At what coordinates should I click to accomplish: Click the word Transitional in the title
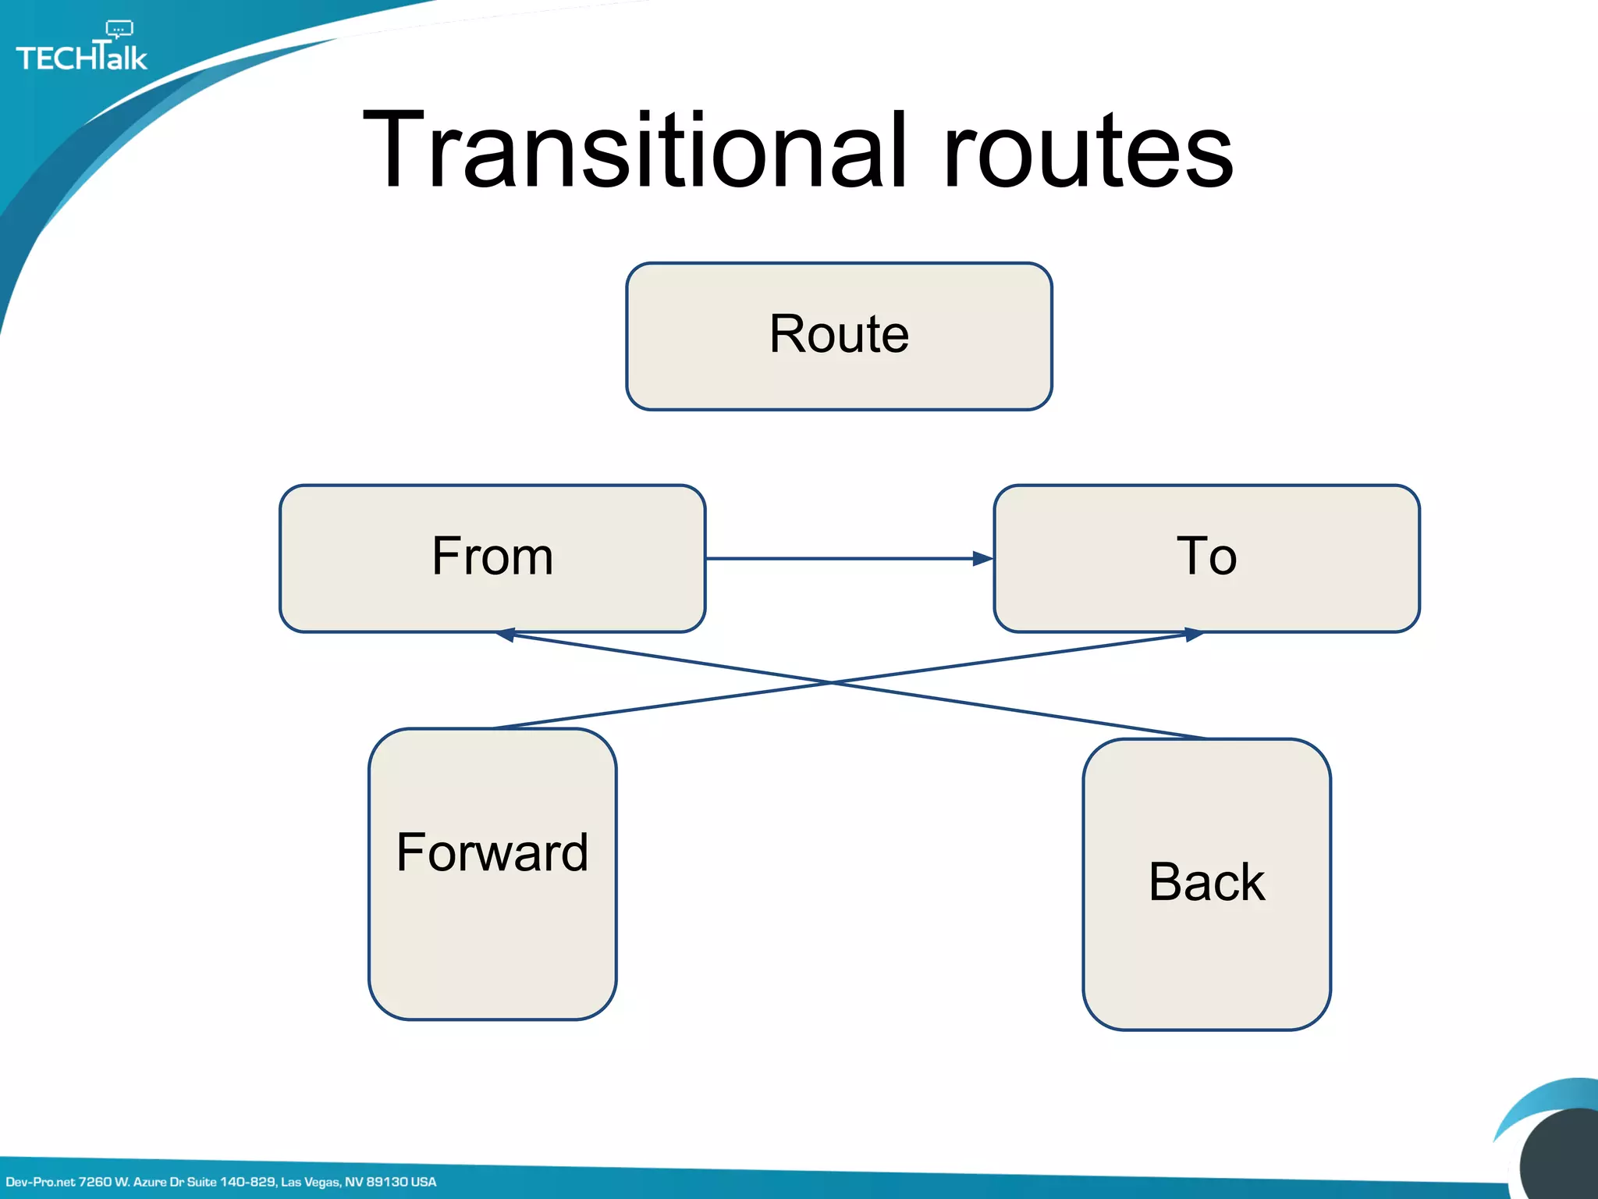[636, 150]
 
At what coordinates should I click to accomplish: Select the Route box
[839, 336]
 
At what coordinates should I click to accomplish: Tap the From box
[492, 558]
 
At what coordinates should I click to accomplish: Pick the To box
[1206, 558]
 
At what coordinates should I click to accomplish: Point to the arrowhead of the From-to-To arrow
[983, 558]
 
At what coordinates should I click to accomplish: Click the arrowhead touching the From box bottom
[506, 635]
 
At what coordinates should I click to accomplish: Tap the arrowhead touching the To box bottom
[1194, 635]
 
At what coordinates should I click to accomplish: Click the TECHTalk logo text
[81, 58]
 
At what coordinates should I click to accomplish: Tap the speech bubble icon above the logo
[119, 30]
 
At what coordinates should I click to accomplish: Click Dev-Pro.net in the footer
[41, 1182]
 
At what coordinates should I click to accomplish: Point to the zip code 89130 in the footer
[387, 1182]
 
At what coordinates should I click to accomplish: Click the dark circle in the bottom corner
[1561, 1159]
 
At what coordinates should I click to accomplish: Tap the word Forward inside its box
[492, 852]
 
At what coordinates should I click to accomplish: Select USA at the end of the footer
[424, 1182]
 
